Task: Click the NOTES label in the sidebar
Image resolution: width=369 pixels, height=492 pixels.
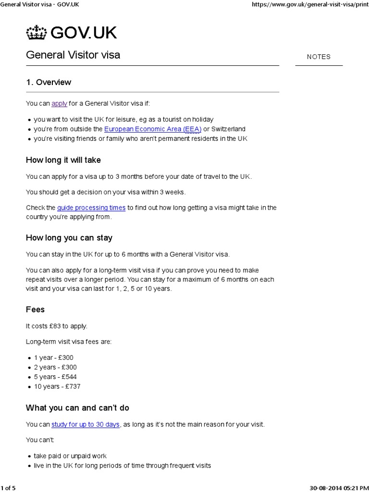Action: [319, 57]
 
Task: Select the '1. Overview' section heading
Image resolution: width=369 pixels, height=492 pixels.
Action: [49, 82]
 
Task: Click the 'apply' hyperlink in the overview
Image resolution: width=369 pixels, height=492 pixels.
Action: [59, 103]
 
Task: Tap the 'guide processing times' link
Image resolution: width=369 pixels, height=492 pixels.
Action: [91, 208]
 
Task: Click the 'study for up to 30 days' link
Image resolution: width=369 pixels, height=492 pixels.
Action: [86, 425]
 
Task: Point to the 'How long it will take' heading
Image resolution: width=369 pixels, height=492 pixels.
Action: [63, 160]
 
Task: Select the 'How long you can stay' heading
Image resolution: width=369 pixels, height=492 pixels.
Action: [69, 238]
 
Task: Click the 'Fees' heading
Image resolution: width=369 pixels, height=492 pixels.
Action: [35, 310]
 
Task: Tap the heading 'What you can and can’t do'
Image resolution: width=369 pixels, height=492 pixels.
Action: [77, 408]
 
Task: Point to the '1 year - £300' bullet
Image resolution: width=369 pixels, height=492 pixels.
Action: [54, 357]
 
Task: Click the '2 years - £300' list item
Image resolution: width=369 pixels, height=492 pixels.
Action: [55, 367]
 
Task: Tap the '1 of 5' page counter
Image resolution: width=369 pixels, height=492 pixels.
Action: [8, 488]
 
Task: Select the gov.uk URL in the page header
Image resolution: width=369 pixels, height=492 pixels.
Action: [310, 4]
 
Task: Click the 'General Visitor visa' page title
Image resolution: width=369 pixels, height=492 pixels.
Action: [73, 55]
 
